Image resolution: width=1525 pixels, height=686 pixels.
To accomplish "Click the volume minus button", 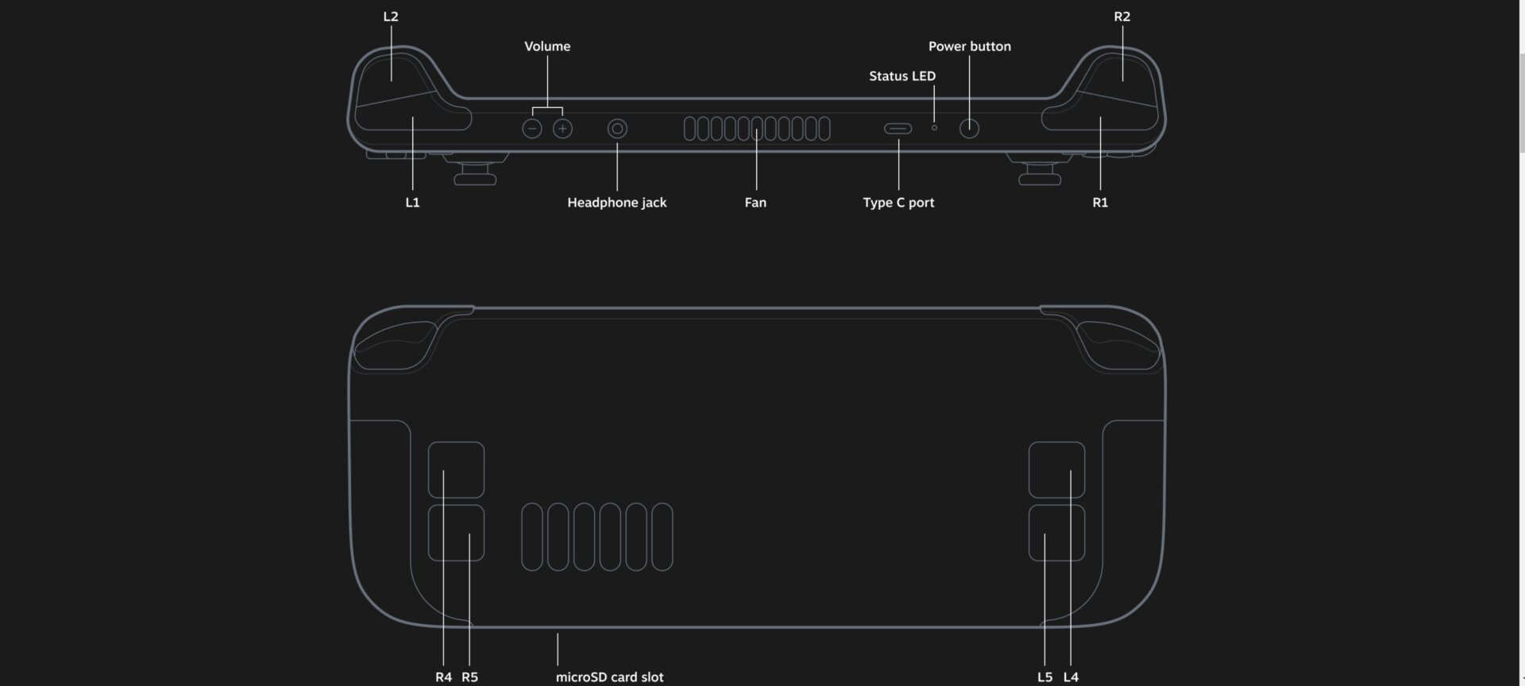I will [x=532, y=129].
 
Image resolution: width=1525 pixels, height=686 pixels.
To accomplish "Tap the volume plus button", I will [x=562, y=129].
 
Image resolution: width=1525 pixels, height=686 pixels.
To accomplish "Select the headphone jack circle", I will [x=617, y=129].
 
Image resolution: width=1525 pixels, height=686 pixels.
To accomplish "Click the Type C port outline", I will [x=898, y=129].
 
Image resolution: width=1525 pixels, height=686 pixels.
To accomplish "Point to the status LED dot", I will [x=934, y=128].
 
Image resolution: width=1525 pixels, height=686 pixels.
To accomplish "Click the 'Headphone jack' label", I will [x=616, y=203].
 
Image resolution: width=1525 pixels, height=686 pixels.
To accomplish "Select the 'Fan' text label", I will [x=755, y=203].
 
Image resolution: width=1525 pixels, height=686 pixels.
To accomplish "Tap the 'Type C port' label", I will [x=898, y=203].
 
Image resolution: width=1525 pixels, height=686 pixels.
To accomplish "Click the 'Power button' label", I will [x=969, y=46].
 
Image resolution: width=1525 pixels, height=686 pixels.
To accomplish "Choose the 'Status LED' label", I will [x=902, y=76].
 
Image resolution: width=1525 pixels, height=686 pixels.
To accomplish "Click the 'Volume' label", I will [x=547, y=46].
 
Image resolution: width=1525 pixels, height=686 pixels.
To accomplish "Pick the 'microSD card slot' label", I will [x=609, y=677].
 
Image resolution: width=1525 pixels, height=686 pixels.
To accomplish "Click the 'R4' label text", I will [x=443, y=677].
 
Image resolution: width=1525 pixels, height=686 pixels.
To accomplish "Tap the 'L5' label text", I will [x=1044, y=677].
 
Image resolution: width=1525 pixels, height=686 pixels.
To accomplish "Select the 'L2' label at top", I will [x=391, y=17].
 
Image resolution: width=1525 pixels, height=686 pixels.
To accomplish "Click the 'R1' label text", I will [x=1100, y=203].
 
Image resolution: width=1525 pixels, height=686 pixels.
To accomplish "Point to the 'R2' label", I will [x=1122, y=17].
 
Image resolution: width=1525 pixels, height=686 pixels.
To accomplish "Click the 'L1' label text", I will [x=412, y=203].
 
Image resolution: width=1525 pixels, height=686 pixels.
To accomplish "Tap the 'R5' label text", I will [x=469, y=677].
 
